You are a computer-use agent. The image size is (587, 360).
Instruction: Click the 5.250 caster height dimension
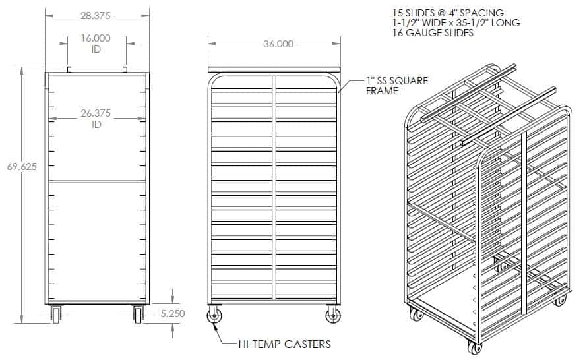[173, 315]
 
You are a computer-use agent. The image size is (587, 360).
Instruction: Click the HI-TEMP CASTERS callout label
[284, 344]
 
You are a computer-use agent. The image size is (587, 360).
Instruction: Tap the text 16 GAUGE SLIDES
[432, 33]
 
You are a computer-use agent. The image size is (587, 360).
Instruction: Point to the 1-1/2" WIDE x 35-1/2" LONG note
[455, 23]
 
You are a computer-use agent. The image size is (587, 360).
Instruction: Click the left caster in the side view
[214, 316]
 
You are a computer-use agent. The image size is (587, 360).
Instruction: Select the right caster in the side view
[333, 316]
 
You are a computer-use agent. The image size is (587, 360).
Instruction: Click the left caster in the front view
[55, 314]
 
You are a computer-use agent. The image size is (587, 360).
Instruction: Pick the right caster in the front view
[138, 314]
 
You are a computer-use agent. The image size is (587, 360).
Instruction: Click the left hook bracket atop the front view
[69, 69]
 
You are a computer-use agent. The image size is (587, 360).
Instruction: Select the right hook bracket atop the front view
[125, 69]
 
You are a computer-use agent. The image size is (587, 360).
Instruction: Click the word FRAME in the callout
[383, 91]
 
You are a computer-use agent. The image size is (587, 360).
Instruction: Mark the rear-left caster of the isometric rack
[415, 315]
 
